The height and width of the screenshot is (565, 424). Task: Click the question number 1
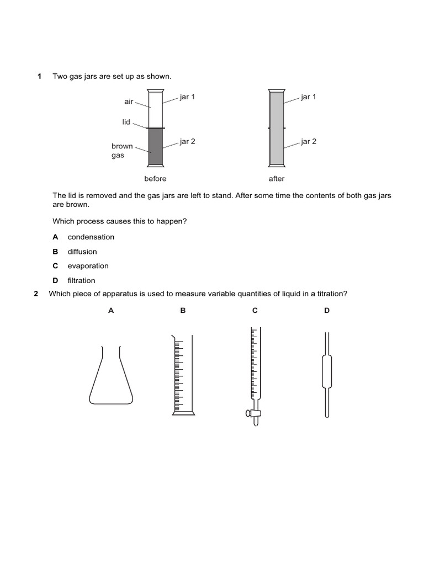(39, 76)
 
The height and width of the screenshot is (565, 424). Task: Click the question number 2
(36, 294)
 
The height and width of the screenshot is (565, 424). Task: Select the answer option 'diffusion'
(82, 252)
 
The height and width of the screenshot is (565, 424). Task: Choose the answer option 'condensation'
(91, 237)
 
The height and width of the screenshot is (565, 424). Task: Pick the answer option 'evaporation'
(88, 266)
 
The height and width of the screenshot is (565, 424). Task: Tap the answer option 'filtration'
(81, 280)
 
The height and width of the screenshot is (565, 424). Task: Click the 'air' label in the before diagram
(129, 102)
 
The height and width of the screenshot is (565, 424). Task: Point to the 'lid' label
(126, 122)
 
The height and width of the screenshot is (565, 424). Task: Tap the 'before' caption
(155, 179)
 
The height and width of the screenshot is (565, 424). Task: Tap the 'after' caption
(277, 179)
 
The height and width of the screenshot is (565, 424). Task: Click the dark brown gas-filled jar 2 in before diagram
(155, 147)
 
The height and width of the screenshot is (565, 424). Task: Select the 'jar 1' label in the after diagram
(309, 97)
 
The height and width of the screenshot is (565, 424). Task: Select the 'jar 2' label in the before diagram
(187, 142)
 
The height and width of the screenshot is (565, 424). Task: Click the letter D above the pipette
(327, 311)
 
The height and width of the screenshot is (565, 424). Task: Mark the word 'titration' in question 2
(330, 294)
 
